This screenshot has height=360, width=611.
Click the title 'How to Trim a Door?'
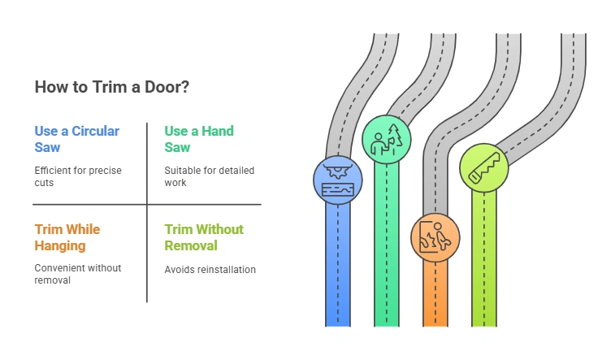point(112,87)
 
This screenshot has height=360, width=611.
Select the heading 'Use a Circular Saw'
point(76,139)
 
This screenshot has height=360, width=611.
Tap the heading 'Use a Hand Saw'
point(198,139)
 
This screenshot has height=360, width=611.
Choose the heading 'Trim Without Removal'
point(203,237)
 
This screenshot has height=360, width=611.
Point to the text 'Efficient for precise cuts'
point(76,177)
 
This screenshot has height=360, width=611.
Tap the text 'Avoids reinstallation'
point(210,270)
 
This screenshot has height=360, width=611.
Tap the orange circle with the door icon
point(435,237)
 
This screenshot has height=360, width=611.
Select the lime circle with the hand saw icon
point(484,168)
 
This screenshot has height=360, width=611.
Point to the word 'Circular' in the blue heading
point(92,131)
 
